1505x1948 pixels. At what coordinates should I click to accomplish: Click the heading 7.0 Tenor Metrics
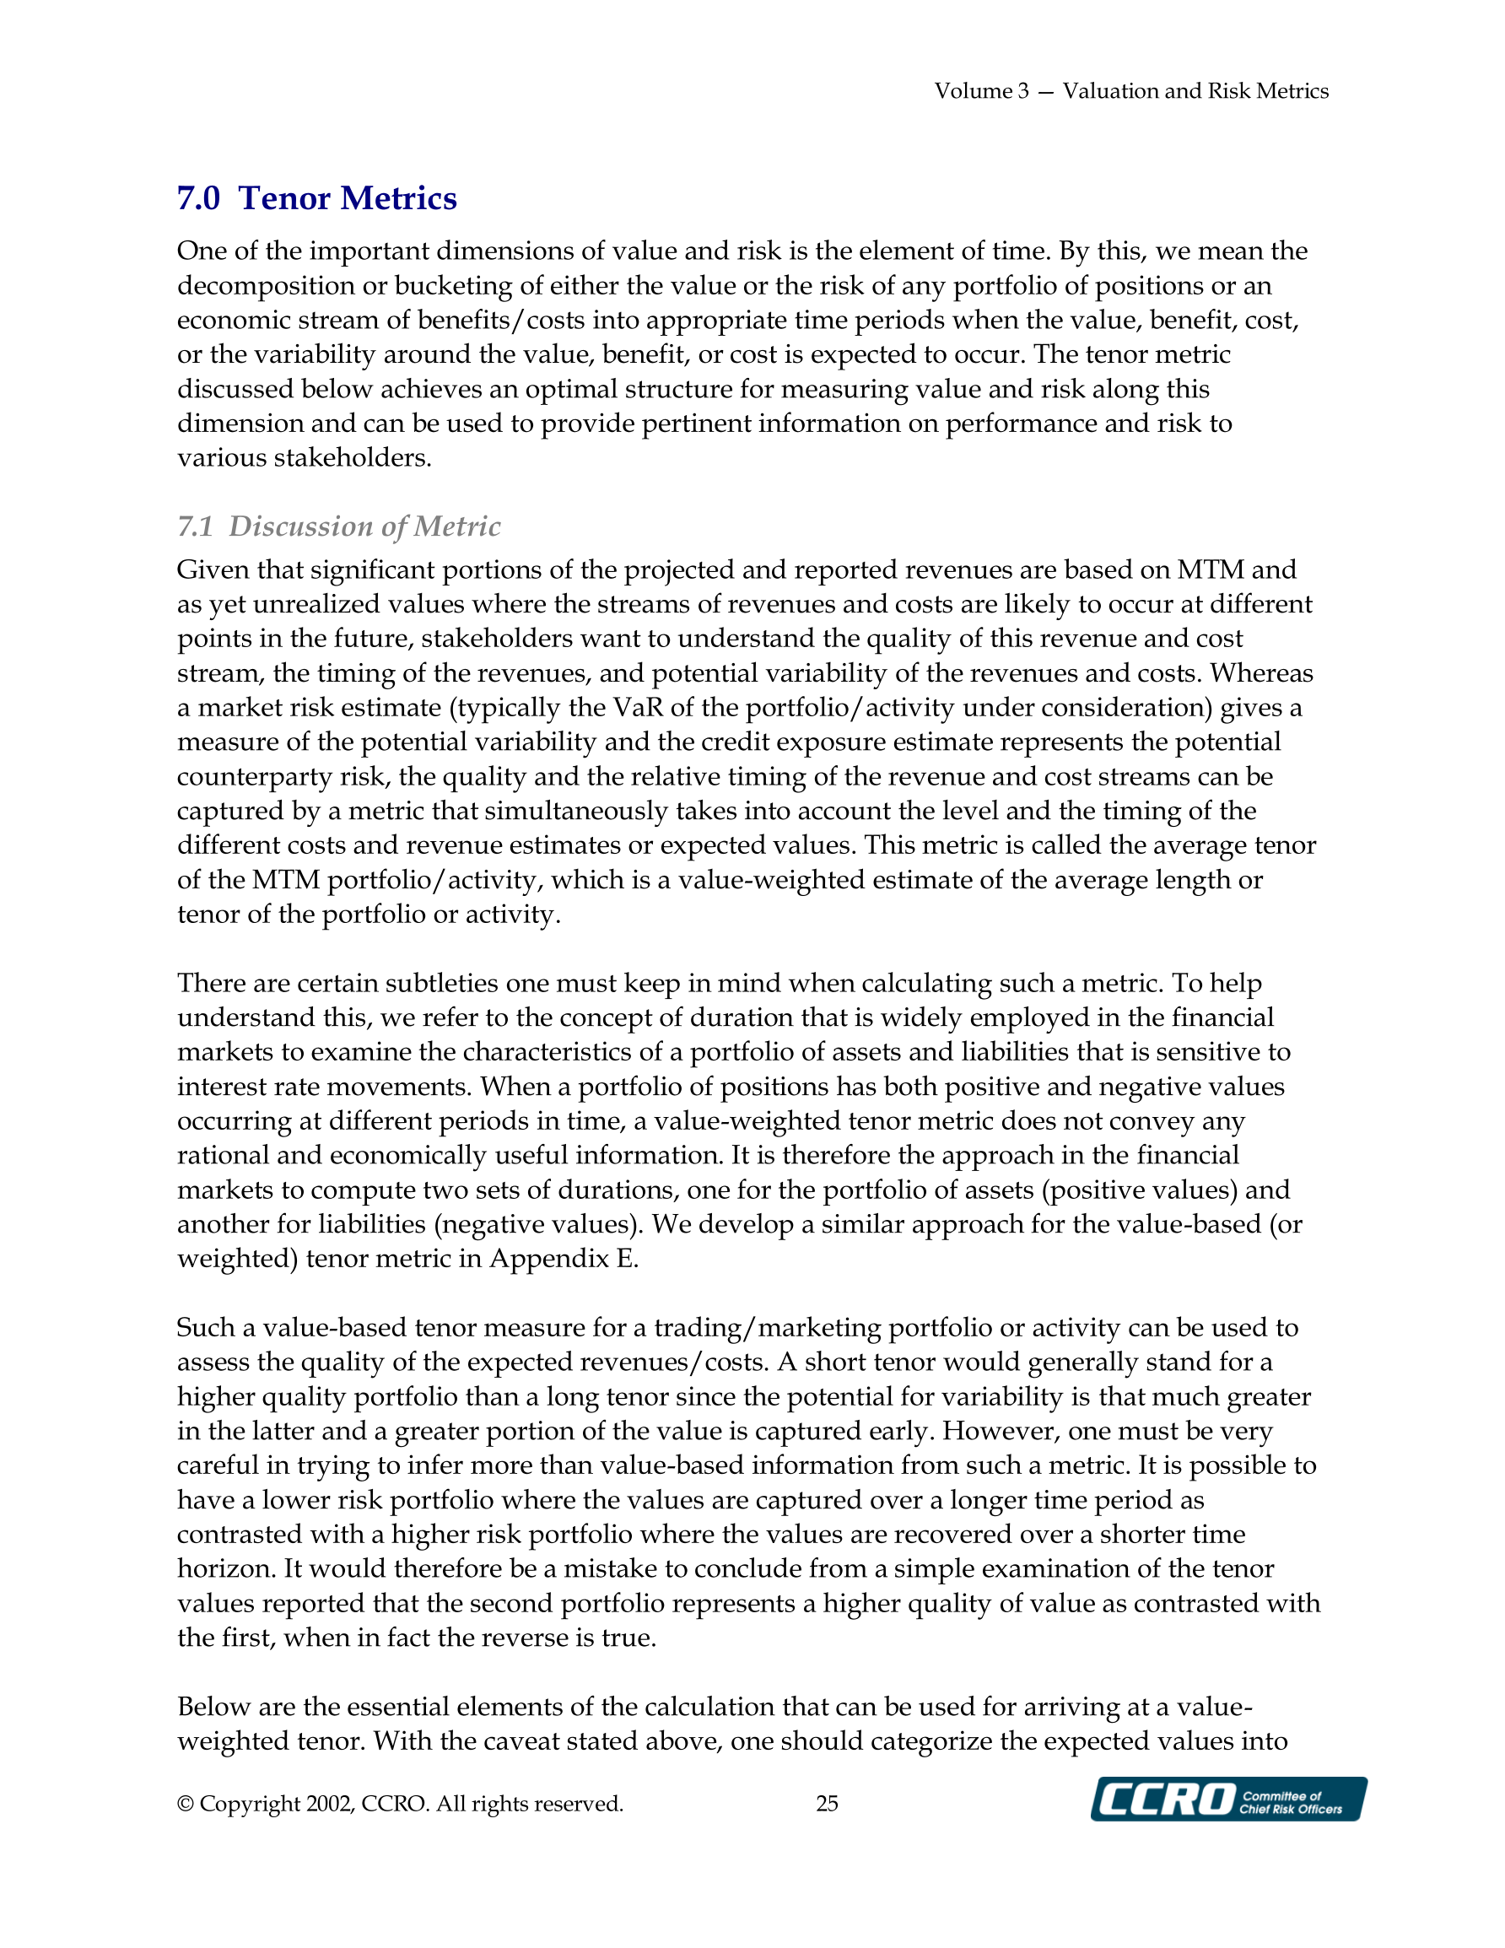316,198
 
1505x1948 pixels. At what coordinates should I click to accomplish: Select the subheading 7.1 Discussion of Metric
338,526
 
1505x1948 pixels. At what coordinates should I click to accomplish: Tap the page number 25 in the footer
827,1804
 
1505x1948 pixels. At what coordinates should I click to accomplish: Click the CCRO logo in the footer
1227,1798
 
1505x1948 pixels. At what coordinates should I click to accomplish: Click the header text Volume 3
981,91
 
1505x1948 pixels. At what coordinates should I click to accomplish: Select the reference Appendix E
562,1259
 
